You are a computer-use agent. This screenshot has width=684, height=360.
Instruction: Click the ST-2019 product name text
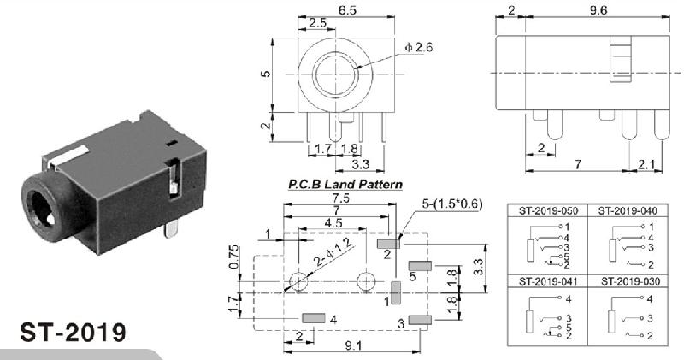click(73, 333)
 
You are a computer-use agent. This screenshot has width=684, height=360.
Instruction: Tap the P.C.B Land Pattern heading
click(345, 184)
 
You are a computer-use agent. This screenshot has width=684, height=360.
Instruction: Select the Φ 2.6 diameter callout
click(418, 47)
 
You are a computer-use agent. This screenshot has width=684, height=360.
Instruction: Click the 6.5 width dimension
click(347, 10)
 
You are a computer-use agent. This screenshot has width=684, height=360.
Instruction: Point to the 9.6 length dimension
click(598, 10)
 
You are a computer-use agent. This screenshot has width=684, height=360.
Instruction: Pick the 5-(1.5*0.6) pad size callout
click(452, 204)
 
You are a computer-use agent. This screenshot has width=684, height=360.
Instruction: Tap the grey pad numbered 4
click(314, 318)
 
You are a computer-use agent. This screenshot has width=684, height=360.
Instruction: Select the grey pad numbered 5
click(420, 265)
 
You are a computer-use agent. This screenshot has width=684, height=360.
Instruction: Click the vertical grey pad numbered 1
click(396, 292)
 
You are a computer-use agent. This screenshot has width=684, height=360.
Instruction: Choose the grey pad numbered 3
click(420, 320)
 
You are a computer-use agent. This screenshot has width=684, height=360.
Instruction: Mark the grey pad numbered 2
click(389, 243)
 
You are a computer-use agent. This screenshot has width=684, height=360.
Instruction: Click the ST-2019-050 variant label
click(548, 210)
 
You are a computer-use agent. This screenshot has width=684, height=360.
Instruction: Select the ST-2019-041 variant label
click(548, 281)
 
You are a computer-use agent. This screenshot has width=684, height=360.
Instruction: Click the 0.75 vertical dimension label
click(233, 257)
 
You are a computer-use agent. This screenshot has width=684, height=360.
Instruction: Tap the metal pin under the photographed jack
click(171, 229)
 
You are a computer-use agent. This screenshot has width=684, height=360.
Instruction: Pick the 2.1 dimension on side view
click(646, 164)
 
